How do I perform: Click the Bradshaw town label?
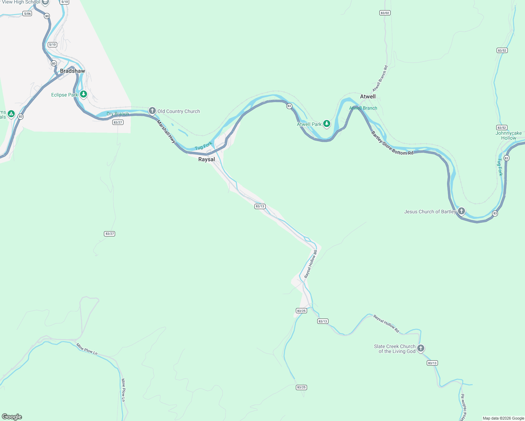(x=72, y=71)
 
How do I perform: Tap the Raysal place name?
(x=206, y=159)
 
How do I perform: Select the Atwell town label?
(x=368, y=96)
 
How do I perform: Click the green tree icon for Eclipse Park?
(x=83, y=94)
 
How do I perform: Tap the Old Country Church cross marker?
(x=152, y=111)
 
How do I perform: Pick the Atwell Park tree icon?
(x=327, y=123)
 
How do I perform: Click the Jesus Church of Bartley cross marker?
(x=461, y=211)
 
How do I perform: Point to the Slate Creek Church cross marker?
(x=421, y=348)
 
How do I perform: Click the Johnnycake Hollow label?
(x=509, y=135)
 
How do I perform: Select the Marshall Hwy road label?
(x=166, y=131)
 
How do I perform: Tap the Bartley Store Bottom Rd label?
(x=392, y=144)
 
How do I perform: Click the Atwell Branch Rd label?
(x=380, y=79)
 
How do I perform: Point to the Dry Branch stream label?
(x=118, y=114)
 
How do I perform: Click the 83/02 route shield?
(x=385, y=13)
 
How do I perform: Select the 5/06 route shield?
(x=27, y=14)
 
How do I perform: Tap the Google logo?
(x=12, y=417)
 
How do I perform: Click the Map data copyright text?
(x=503, y=418)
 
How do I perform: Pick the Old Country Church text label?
(x=179, y=111)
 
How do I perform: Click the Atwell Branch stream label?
(x=363, y=108)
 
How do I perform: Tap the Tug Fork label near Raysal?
(x=204, y=146)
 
